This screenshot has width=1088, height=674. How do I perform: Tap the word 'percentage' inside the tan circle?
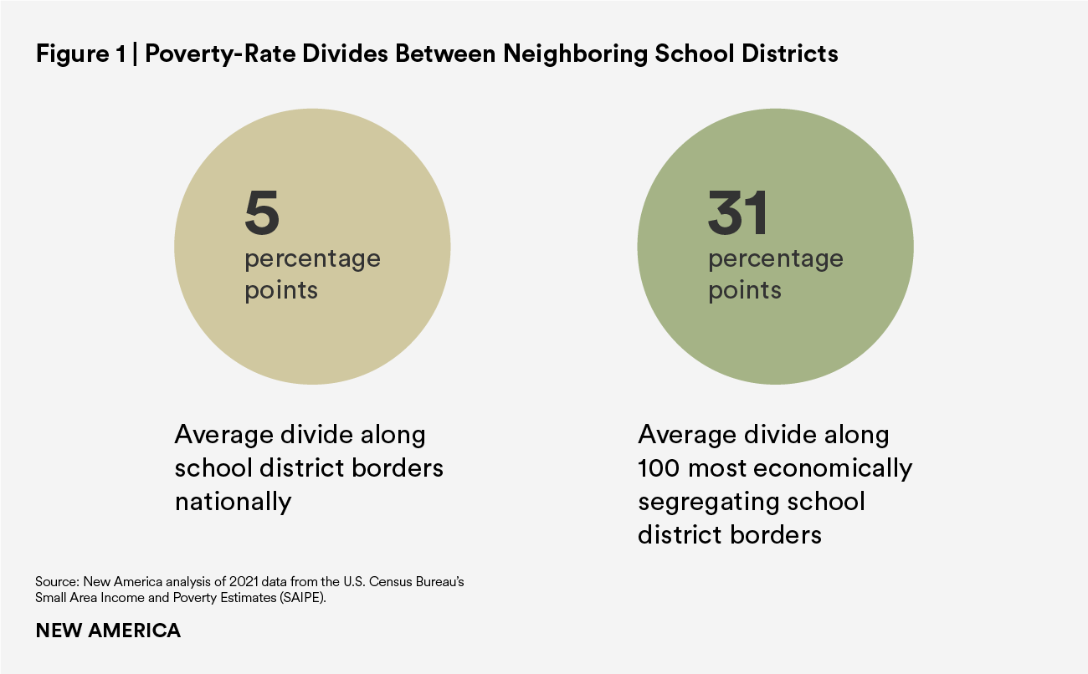click(x=312, y=259)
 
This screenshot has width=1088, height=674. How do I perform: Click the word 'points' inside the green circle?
click(x=745, y=290)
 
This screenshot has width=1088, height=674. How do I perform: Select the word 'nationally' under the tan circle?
click(x=233, y=502)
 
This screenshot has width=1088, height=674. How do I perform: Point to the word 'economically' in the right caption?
click(x=838, y=468)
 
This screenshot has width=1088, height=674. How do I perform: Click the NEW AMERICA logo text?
click(x=108, y=631)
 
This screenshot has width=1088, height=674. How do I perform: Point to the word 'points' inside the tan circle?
click(x=281, y=290)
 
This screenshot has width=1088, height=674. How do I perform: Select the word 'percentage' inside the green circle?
click(x=776, y=259)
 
